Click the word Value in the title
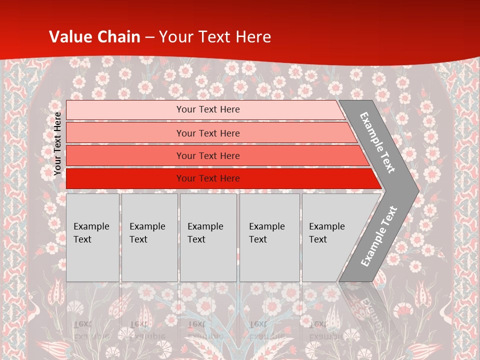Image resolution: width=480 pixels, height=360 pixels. pos(68,37)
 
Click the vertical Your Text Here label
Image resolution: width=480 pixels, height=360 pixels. pos(57,143)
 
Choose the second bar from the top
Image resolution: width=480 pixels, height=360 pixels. pos(207,133)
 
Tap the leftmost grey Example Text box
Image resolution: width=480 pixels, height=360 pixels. pos(92,237)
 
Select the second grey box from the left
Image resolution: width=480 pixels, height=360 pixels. pos(149,237)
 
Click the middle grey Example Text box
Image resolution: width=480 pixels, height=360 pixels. pos(208,237)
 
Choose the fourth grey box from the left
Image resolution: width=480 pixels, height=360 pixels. pos(269,237)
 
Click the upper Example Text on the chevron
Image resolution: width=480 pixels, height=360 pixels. pos(378,142)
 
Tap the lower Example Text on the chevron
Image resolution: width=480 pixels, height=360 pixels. pos(379,236)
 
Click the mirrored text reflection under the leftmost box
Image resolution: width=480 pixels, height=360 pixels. pos(90,330)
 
